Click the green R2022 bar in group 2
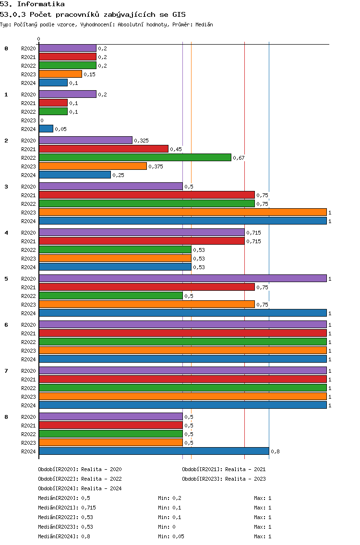(x=135, y=157)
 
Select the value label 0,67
(x=239, y=158)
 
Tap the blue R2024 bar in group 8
(x=154, y=451)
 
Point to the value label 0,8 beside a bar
(x=275, y=451)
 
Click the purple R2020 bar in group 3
(x=110, y=186)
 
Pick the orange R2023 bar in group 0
(x=60, y=74)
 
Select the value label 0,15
(x=89, y=74)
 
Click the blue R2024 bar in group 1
(x=46, y=129)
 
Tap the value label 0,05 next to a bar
(x=60, y=129)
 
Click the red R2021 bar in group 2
(x=104, y=149)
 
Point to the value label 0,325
(x=141, y=141)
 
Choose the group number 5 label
(x=6, y=279)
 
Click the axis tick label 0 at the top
(x=38, y=39)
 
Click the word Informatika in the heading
(x=41, y=4)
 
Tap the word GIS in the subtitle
(x=179, y=14)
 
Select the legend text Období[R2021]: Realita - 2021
(x=224, y=469)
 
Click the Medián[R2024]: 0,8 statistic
(x=64, y=536)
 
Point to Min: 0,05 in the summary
(x=171, y=536)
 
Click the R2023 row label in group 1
(x=28, y=120)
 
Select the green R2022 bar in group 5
(x=110, y=296)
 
